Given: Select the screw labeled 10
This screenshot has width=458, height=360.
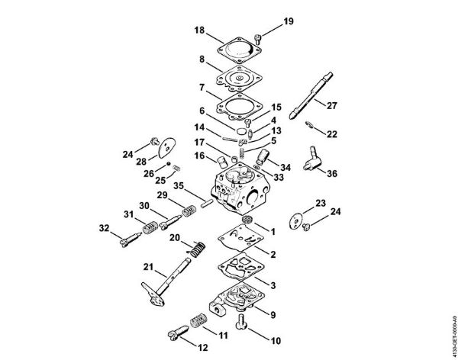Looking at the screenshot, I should click(x=243, y=321).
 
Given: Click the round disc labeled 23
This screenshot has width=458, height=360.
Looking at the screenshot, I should click(x=298, y=219).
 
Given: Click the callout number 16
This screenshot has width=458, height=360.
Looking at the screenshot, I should click(x=198, y=156).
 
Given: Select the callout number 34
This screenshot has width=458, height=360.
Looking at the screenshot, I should click(x=285, y=167).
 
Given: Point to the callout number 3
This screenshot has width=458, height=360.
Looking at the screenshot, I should click(x=273, y=284).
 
